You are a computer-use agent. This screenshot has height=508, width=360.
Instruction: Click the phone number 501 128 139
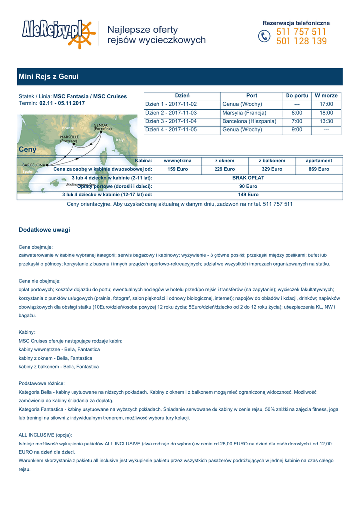(301, 42)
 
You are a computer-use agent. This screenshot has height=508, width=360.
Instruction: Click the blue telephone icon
(264, 37)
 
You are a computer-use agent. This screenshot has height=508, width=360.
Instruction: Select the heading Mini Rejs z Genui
(49, 77)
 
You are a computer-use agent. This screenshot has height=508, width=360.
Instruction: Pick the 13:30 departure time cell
(326, 121)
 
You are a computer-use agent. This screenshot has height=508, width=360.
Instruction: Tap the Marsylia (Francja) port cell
(244, 113)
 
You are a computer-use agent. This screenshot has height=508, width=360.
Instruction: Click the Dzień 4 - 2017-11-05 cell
(171, 130)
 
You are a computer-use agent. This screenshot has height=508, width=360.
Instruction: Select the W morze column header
(326, 95)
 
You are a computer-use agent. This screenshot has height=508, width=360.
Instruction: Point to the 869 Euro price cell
(319, 169)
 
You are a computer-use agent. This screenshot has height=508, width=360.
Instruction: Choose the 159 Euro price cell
(177, 169)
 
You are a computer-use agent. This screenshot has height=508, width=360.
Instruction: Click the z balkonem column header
(272, 161)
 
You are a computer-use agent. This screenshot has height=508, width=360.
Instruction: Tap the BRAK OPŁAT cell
(248, 178)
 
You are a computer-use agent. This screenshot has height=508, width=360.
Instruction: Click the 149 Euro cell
(248, 195)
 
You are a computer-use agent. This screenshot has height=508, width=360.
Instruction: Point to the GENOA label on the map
(100, 125)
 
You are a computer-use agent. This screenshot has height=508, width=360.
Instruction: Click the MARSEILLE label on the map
(69, 136)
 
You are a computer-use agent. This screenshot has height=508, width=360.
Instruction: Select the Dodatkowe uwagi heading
(44, 230)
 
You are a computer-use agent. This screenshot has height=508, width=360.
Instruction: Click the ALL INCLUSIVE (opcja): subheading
(45, 435)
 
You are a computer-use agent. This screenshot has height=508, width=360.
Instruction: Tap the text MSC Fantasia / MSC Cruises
(90, 96)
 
